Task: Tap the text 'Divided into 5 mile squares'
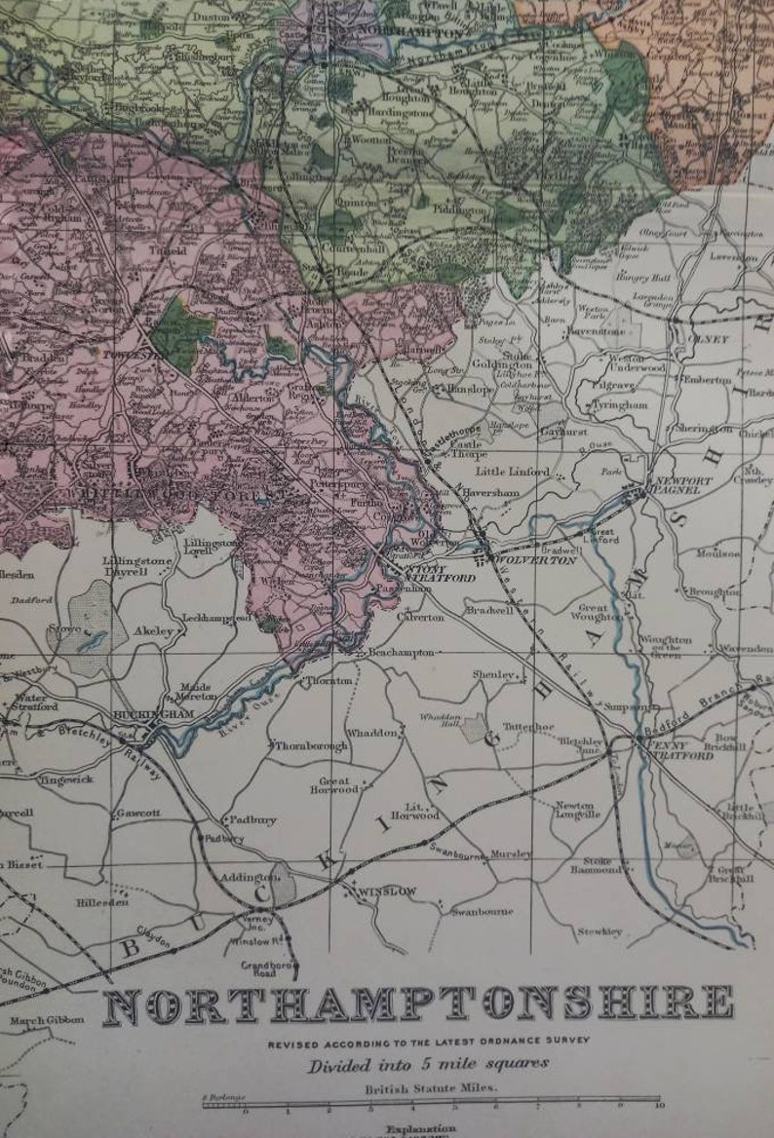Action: (428, 1064)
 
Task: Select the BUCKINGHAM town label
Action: (142, 713)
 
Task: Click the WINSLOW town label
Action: (388, 891)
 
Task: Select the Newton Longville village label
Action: (574, 811)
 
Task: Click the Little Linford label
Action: (513, 472)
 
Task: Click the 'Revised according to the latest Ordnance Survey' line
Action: (429, 1042)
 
